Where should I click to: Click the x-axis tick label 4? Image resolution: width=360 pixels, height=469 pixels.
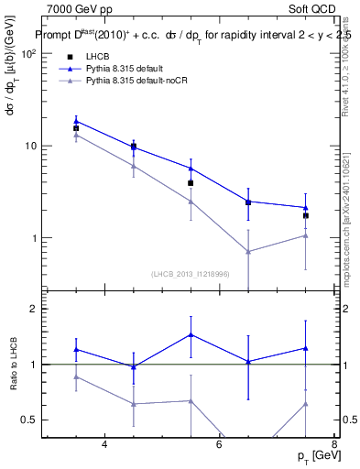click(104, 445)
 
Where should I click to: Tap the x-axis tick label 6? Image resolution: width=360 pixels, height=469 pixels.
click(219, 445)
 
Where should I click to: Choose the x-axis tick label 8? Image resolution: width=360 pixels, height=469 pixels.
click(333, 445)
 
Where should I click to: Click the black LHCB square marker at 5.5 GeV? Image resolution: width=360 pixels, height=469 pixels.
click(191, 183)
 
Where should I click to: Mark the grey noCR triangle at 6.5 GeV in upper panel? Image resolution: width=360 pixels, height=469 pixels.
click(248, 251)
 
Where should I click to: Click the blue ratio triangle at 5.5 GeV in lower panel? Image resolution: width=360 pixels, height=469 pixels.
click(191, 334)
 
